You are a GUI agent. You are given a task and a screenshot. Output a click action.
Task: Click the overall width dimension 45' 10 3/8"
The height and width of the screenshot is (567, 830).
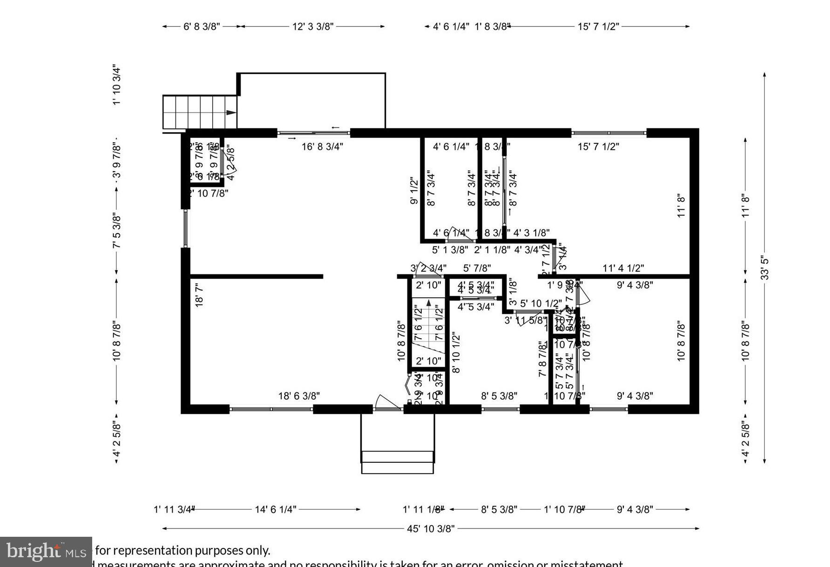coord(430,528)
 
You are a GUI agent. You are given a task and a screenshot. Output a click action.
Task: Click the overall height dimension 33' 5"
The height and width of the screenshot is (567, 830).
coord(765,267)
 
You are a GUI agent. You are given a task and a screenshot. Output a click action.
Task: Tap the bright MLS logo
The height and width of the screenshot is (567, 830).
coord(46,552)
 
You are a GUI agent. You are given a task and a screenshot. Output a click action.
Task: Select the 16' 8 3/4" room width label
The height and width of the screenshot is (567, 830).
coord(322,147)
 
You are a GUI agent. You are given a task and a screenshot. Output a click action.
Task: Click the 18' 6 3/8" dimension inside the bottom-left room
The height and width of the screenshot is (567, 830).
coord(299,396)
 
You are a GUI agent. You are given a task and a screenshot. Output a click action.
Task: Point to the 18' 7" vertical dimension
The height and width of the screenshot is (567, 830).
coord(199,295)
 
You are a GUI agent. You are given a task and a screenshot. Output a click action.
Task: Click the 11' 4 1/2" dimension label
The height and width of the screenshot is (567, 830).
coord(623,268)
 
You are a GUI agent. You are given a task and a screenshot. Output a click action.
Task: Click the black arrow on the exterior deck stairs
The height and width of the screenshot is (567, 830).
coord(231,112)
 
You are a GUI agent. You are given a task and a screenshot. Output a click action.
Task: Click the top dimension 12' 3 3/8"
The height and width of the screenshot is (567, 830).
coord(313,27)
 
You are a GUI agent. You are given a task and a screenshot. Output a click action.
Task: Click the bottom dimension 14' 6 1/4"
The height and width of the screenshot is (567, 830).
coord(275,509)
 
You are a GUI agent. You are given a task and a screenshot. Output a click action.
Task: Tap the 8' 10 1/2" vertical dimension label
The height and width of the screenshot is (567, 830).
coord(456,353)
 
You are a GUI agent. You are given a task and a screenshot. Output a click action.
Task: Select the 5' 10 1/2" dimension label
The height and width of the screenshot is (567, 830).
coord(540,304)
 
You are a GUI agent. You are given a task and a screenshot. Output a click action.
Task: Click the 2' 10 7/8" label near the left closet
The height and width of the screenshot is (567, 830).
coord(208,193)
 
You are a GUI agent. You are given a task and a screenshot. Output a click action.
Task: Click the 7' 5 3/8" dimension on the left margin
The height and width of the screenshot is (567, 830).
coord(117,231)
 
